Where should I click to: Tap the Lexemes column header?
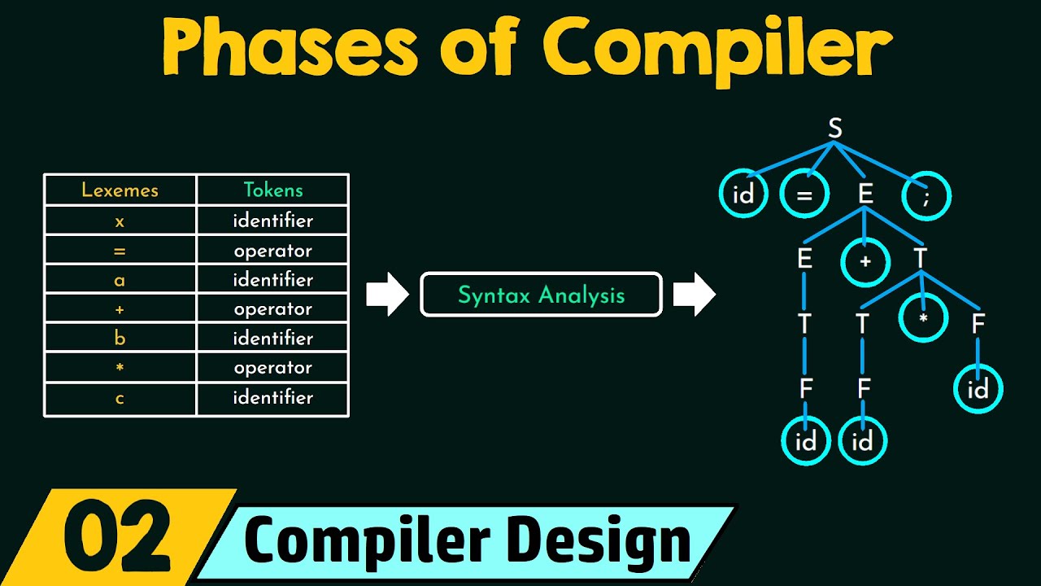(120, 190)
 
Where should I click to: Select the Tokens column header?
(272, 190)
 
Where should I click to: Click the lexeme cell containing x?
(120, 221)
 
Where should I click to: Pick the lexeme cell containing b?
(120, 339)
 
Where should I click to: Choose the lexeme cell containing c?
(120, 398)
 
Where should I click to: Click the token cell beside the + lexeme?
(272, 309)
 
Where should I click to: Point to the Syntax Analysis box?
(541, 295)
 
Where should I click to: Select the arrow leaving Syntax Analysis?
(694, 295)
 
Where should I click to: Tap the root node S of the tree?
(834, 129)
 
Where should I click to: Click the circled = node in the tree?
(804, 196)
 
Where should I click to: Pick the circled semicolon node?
(926, 196)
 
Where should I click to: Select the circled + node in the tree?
(866, 262)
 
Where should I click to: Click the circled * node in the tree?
(924, 319)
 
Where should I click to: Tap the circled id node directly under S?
(743, 196)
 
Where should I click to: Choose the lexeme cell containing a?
(120, 280)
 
